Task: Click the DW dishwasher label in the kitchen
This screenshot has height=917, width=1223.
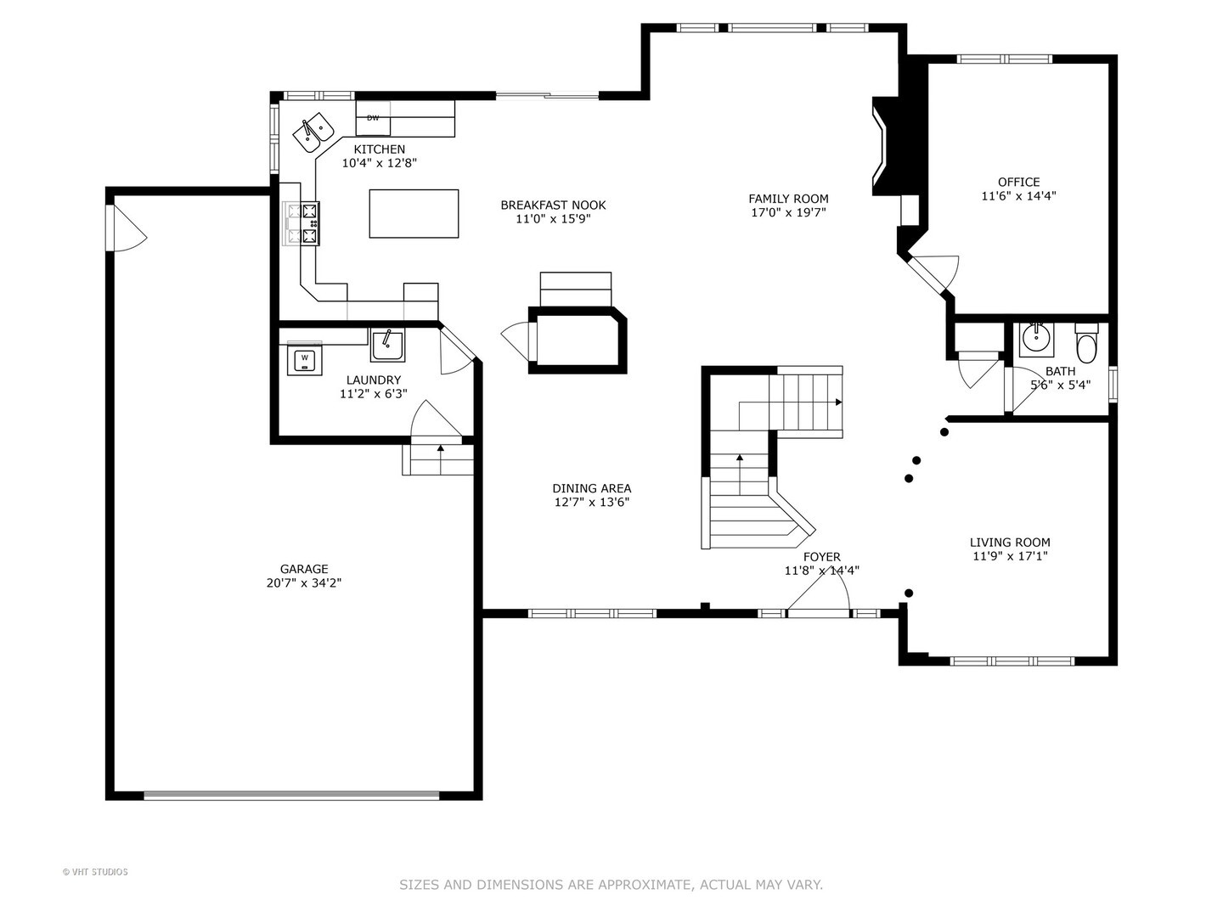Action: pos(373,117)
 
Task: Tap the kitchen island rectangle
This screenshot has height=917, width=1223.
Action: pos(414,213)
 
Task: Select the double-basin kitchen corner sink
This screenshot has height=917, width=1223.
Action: pos(313,132)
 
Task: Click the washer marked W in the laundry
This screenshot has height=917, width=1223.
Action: pos(304,359)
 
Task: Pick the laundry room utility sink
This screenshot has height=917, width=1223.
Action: pos(387,344)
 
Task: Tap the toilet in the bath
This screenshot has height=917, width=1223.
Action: pos(1086,342)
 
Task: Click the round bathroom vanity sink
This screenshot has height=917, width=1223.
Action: pos(1036,339)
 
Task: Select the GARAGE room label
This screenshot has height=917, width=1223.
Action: pos(304,569)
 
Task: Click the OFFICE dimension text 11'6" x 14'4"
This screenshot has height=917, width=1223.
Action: pos(1018,196)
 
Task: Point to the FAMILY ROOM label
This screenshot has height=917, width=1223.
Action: pos(788,198)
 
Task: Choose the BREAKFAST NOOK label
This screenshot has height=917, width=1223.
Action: pos(553,205)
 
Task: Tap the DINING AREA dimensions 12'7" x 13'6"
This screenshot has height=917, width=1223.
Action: pos(592,502)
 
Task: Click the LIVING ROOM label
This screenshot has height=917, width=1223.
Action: pos(1010,542)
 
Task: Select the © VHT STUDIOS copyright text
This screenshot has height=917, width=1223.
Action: pos(95,872)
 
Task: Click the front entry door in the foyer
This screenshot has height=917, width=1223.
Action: pos(818,593)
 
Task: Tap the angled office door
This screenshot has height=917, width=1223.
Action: pos(932,273)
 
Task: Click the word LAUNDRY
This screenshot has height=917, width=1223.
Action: pos(374,380)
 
